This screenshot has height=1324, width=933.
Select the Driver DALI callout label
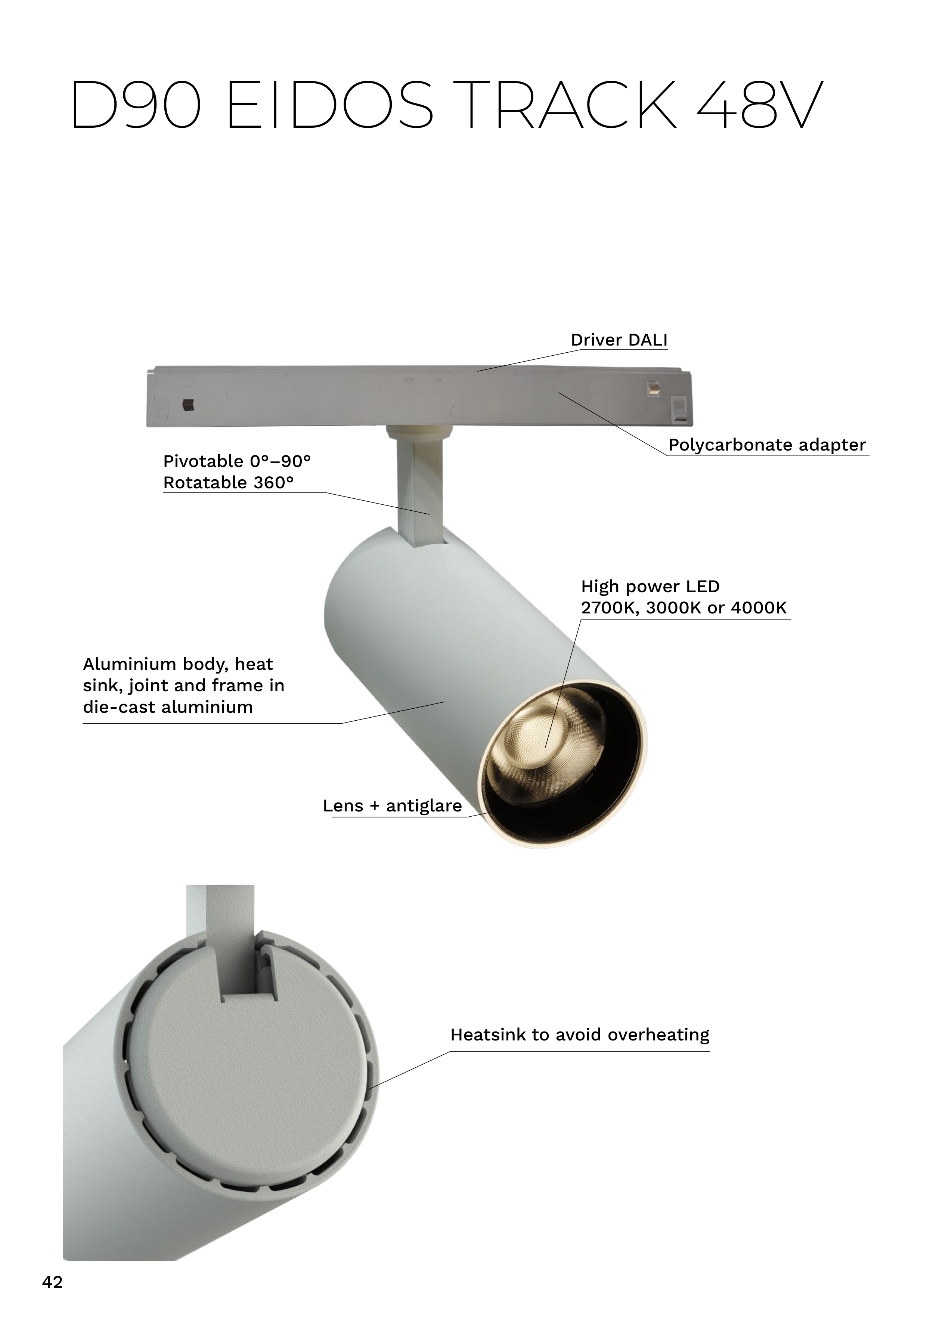(619, 340)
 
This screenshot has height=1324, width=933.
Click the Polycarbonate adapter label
(767, 445)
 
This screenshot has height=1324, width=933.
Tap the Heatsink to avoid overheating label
(580, 1034)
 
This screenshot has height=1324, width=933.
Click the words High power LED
(650, 587)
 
